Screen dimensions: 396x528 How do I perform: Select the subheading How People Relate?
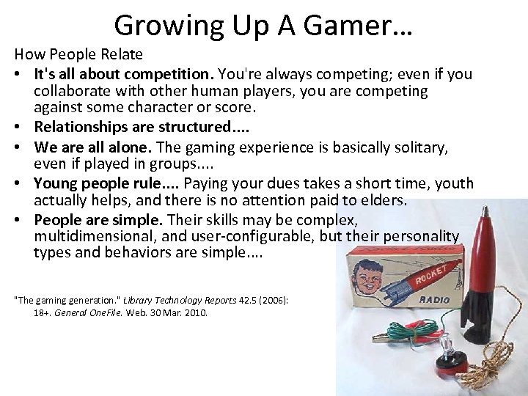click(x=78, y=54)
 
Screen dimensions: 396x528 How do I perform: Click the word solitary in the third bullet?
click(x=420, y=147)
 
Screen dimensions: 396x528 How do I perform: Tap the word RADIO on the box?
click(x=435, y=299)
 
